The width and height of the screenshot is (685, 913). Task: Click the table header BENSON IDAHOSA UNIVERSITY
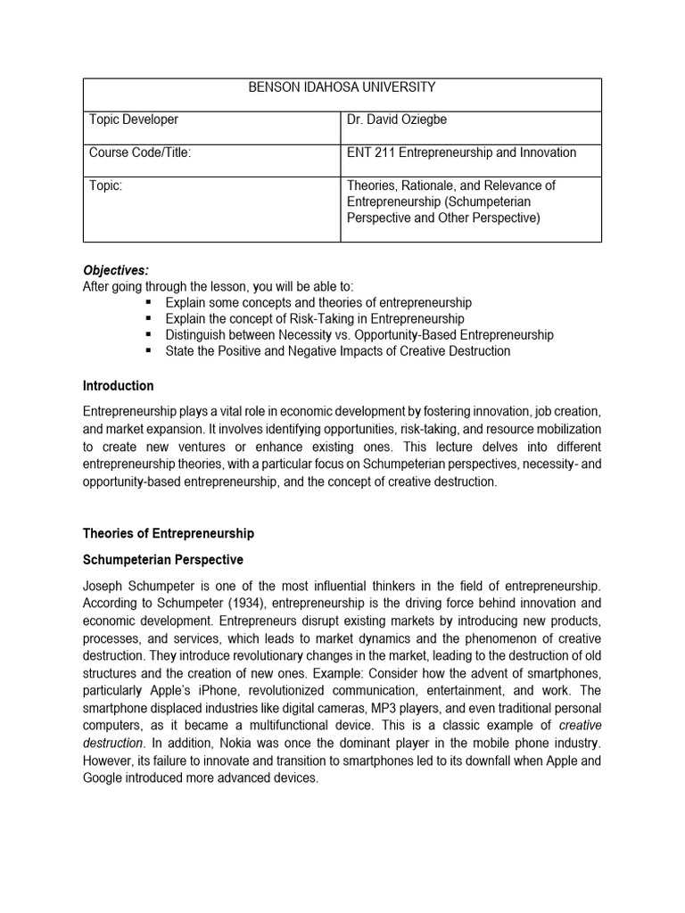(342, 87)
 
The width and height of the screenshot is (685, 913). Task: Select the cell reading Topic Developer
(134, 119)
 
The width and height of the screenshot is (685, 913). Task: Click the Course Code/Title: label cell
(140, 152)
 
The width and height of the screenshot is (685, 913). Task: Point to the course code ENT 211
(370, 152)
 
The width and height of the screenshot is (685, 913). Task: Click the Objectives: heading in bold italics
(117, 270)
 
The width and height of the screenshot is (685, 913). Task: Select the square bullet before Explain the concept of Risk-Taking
(148, 319)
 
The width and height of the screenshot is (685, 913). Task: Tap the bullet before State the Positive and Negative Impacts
(148, 351)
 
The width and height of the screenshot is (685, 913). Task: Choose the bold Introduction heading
(118, 386)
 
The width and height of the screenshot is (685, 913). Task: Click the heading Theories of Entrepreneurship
(169, 533)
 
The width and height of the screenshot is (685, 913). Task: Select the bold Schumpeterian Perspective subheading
(162, 560)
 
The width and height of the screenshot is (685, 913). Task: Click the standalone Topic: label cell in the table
(106, 185)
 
